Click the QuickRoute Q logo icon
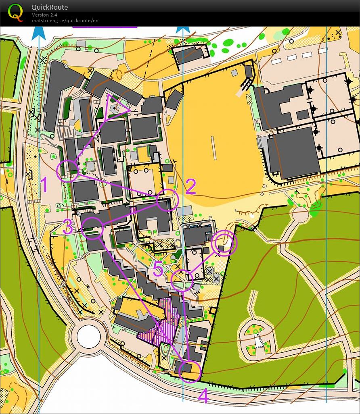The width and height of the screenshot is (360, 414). click(x=15, y=12)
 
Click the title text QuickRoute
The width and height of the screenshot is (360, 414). click(x=50, y=7)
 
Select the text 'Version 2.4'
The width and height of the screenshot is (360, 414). click(x=44, y=15)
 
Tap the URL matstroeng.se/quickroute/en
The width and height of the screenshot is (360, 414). click(x=65, y=21)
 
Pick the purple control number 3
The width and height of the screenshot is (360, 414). click(x=68, y=228)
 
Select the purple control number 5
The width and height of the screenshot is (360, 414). click(x=159, y=269)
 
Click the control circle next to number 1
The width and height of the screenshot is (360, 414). click(x=67, y=171)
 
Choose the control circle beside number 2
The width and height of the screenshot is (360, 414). click(x=167, y=200)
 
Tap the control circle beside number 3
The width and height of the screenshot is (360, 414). click(x=92, y=228)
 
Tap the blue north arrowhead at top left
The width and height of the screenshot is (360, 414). click(x=39, y=33)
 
